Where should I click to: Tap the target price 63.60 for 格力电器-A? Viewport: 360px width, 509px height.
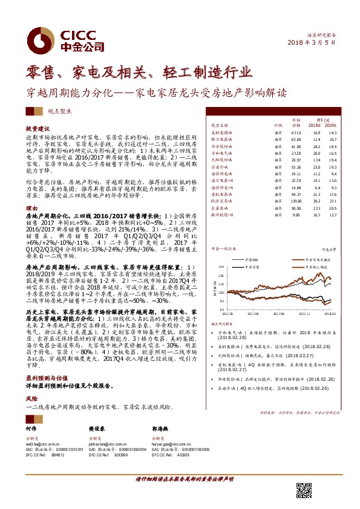(x=296, y=139)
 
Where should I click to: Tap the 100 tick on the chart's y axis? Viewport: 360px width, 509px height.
(x=221, y=291)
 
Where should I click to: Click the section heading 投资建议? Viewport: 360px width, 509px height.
(x=37, y=129)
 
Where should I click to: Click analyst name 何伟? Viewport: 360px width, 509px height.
(x=30, y=427)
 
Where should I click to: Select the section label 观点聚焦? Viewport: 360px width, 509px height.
(x=58, y=112)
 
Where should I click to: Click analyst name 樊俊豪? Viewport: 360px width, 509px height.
(x=96, y=427)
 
